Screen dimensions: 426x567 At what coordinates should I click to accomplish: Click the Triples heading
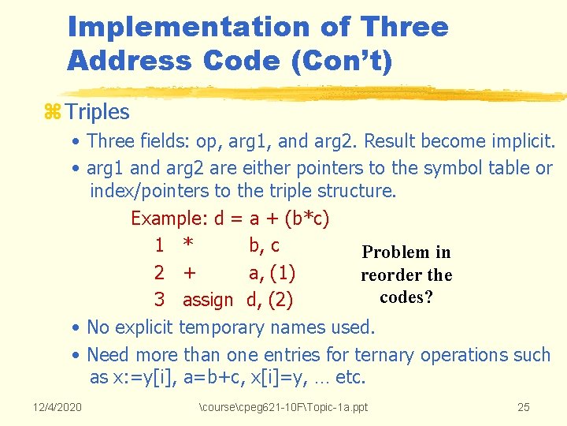coord(98,112)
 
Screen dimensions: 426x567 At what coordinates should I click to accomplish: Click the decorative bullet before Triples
coord(51,112)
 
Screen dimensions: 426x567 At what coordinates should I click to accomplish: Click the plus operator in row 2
coord(189,274)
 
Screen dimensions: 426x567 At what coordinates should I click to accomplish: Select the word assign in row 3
coord(208,300)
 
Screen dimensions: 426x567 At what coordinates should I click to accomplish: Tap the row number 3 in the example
coord(159,300)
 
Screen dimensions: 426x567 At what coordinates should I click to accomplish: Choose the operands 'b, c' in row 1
coord(264,246)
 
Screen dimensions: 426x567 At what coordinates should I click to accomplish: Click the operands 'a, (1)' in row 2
coord(272,274)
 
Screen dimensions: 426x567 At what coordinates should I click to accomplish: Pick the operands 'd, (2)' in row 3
coord(271,300)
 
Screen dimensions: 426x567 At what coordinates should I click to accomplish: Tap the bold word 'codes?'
coord(406,297)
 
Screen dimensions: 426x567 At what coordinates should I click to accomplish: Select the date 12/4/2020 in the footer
coord(57,407)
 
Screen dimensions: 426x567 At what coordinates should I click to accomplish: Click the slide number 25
coord(524,407)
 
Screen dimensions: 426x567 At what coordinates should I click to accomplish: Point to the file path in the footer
coord(283,407)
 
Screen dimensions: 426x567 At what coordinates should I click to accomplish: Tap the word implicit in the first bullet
coord(523,142)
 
